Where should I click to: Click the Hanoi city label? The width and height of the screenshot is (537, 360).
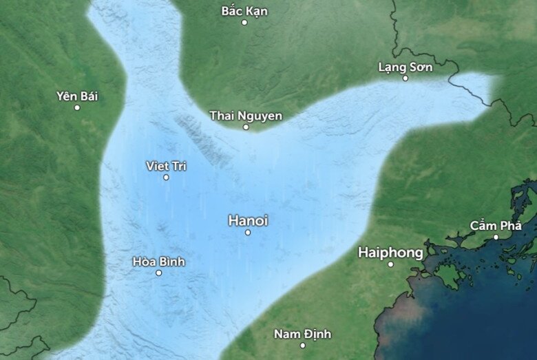(x=248, y=221)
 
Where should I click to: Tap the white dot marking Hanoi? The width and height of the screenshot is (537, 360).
(x=248, y=233)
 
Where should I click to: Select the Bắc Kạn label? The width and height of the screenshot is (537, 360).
(x=244, y=11)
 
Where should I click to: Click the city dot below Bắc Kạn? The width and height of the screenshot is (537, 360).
(x=244, y=23)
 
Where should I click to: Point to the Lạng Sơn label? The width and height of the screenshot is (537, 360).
(x=406, y=67)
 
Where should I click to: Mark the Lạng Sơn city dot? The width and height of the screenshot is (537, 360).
(x=406, y=78)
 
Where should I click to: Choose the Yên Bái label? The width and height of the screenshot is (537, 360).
(x=77, y=96)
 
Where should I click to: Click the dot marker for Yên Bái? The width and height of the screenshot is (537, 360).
(x=77, y=107)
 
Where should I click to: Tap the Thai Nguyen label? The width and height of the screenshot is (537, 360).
(x=246, y=115)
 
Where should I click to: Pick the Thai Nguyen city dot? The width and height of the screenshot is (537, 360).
(x=246, y=127)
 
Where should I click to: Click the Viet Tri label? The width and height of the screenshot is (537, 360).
(x=166, y=166)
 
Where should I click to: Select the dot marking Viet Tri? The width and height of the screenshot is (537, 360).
(x=166, y=178)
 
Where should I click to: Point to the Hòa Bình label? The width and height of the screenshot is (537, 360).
(x=158, y=262)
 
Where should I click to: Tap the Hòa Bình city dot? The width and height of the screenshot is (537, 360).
(x=158, y=273)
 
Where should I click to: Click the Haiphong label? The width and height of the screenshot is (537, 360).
(x=390, y=253)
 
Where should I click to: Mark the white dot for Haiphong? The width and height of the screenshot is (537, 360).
(x=390, y=264)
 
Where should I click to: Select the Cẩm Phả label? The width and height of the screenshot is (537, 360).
(x=496, y=225)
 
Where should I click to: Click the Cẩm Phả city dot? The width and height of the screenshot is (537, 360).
(x=496, y=237)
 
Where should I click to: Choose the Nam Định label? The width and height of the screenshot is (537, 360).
(x=302, y=334)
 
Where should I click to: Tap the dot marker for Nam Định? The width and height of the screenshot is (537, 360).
(x=302, y=346)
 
